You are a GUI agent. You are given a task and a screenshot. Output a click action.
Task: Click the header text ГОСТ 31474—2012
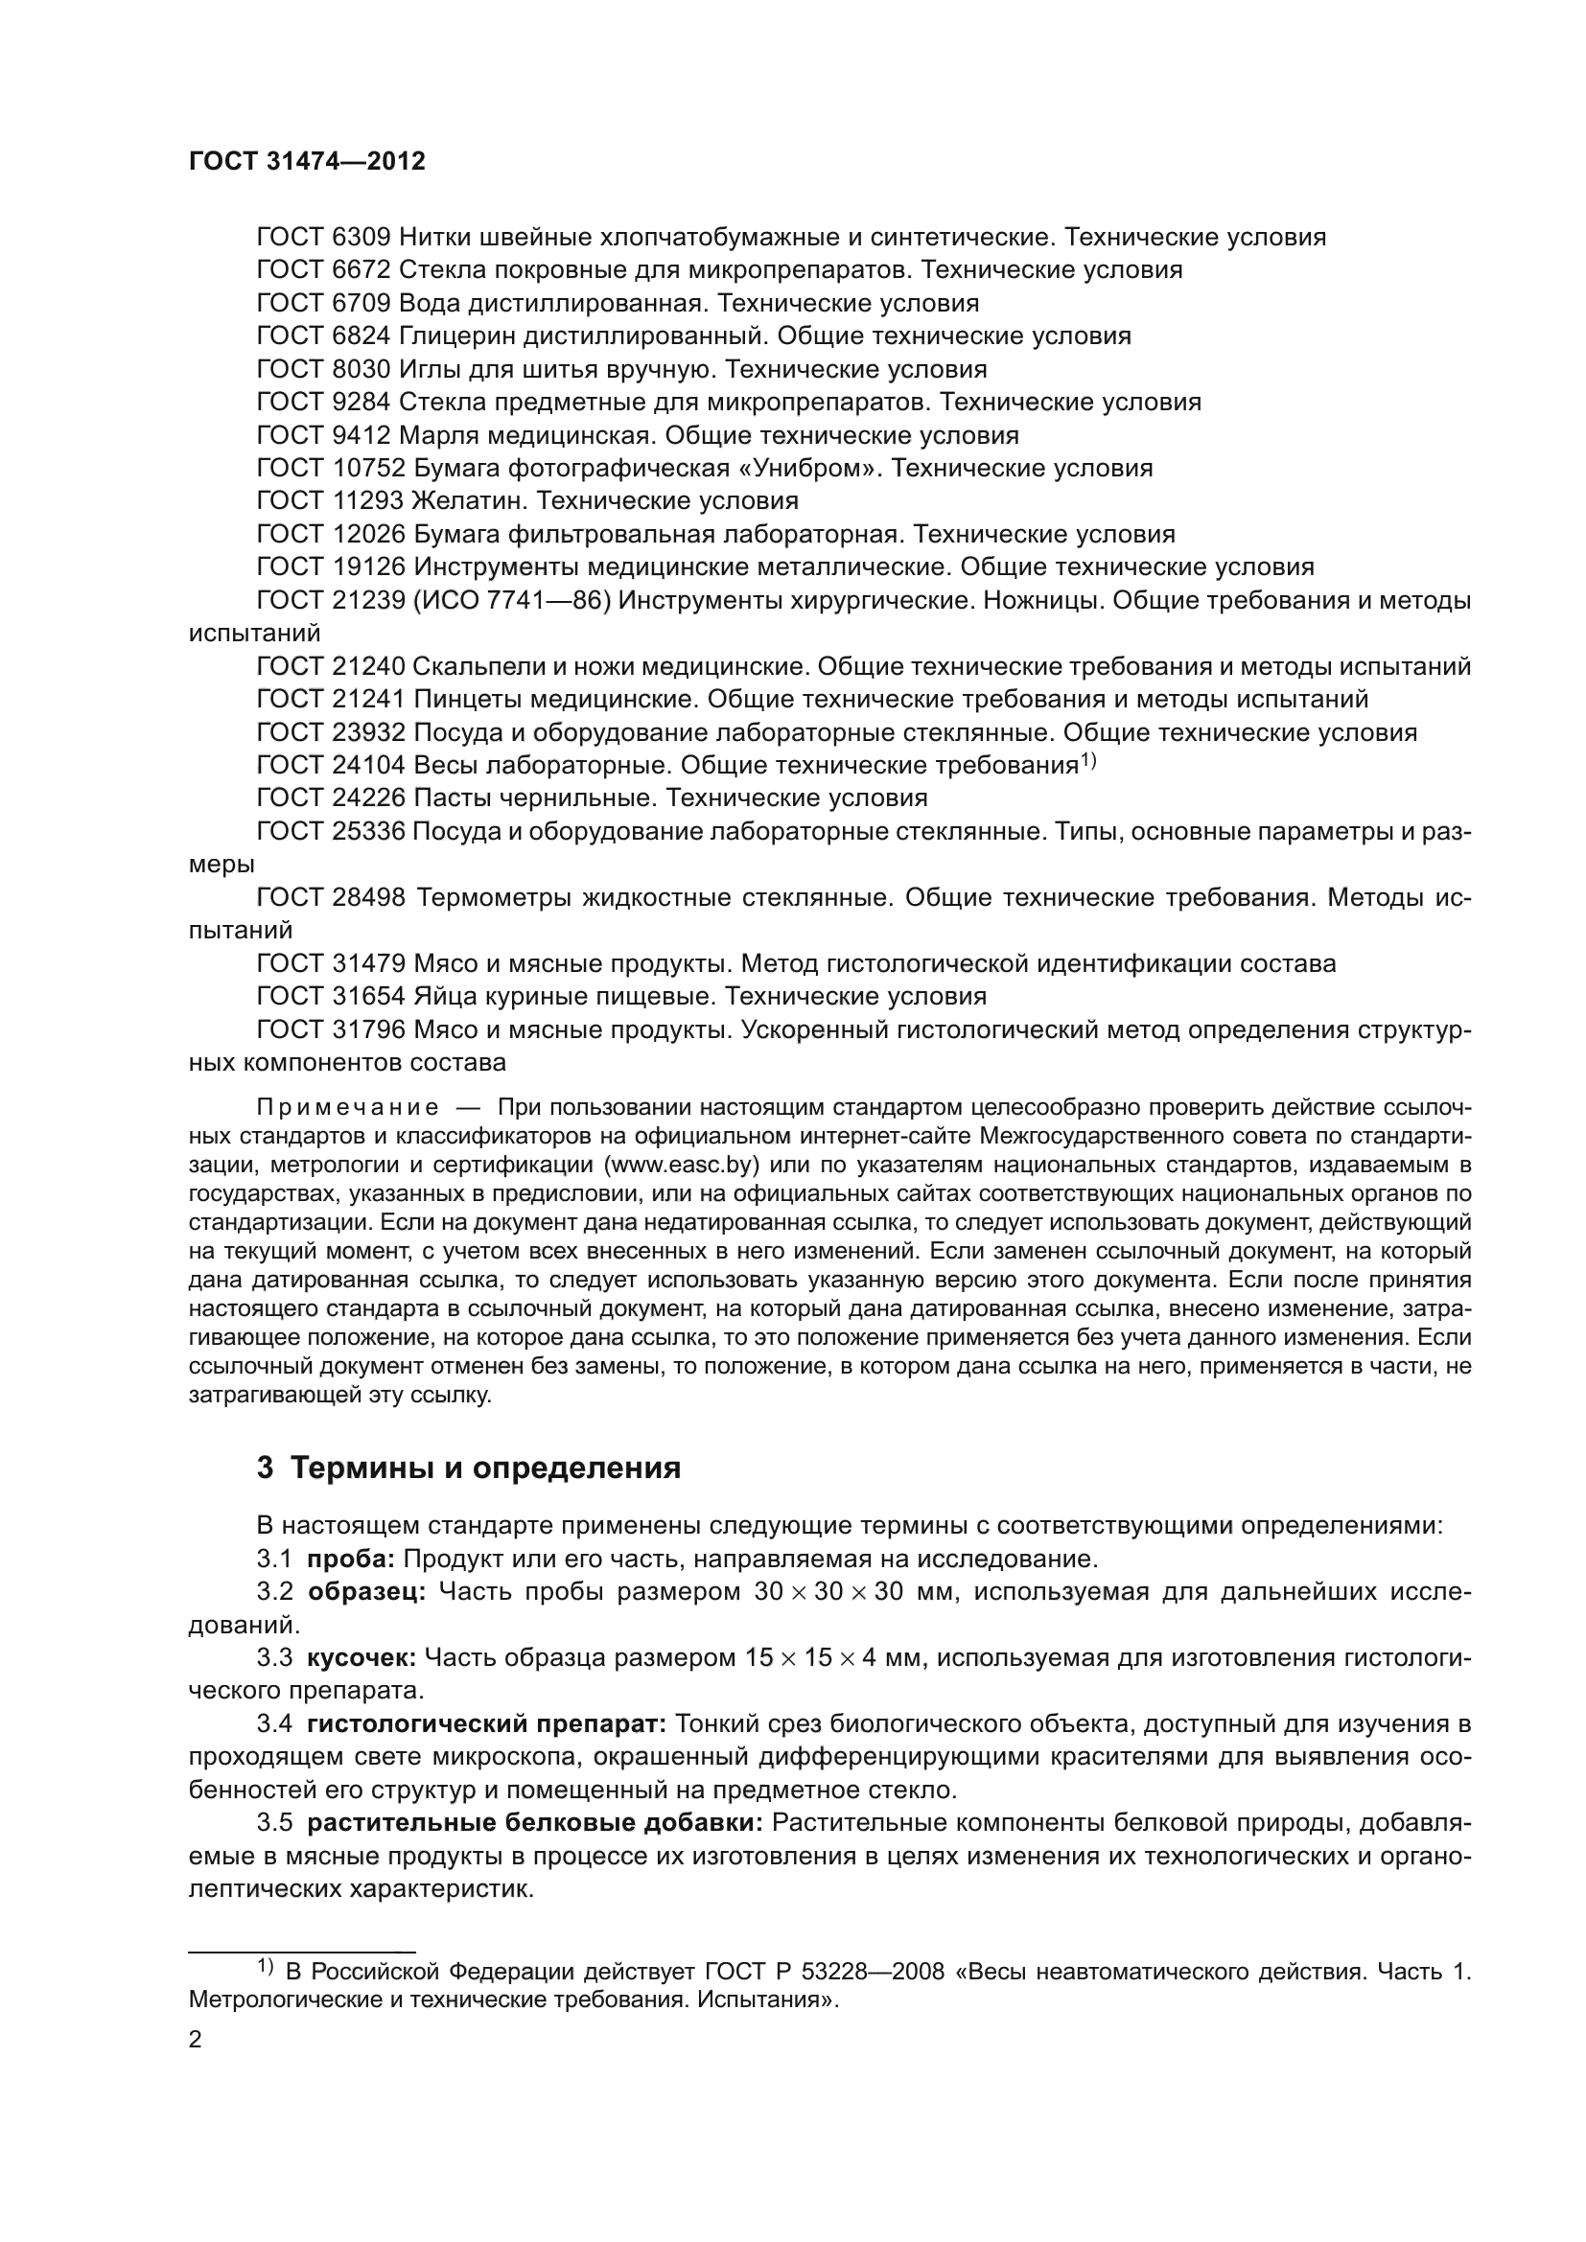[x=307, y=162]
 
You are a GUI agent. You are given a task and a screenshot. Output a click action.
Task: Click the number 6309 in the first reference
[x=361, y=238]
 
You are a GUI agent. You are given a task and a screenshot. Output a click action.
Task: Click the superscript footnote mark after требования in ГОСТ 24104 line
[x=1089, y=761]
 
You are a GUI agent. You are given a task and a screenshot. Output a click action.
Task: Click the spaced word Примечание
[x=347, y=1107]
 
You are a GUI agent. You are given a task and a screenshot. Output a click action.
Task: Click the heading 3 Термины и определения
[x=469, y=1468]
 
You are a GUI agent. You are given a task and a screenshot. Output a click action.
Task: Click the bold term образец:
[x=367, y=1593]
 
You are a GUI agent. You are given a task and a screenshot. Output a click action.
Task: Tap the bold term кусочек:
[x=362, y=1659]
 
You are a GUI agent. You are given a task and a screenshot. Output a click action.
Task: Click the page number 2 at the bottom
[x=196, y=2041]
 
